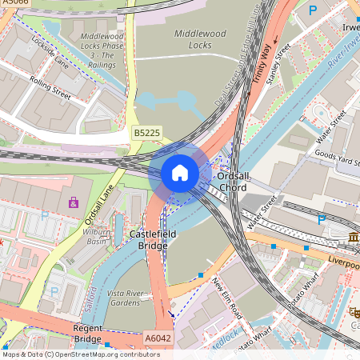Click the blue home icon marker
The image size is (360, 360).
click(x=180, y=172)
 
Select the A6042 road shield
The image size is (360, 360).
click(x=158, y=338)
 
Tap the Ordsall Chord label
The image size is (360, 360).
click(x=233, y=182)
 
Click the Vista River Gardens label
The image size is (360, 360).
click(x=128, y=298)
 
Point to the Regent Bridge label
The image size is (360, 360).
click(x=87, y=334)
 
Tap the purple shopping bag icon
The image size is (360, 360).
click(x=74, y=202)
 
